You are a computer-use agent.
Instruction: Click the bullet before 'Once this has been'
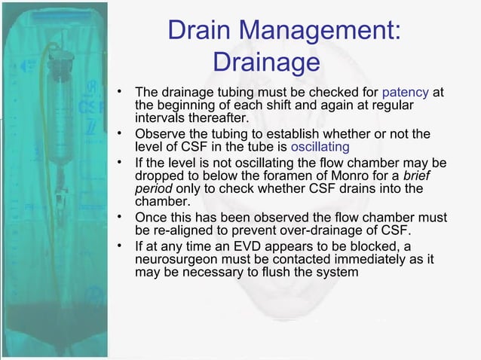[x=119, y=217]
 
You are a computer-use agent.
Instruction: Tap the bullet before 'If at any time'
[x=119, y=245]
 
